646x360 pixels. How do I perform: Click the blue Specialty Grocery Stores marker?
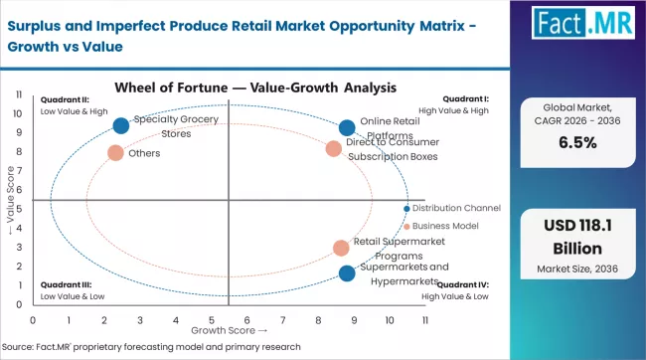121,125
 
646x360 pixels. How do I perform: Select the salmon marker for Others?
115,153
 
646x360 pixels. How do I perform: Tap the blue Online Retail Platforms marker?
347,127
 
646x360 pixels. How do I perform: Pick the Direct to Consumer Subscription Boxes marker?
333,149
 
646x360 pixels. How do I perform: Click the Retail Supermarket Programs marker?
341,248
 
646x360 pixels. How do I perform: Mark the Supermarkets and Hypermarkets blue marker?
346,273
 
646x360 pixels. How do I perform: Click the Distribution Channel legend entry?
456,208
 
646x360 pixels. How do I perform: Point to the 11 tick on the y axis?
21,94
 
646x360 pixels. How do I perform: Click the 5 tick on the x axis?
211,320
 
